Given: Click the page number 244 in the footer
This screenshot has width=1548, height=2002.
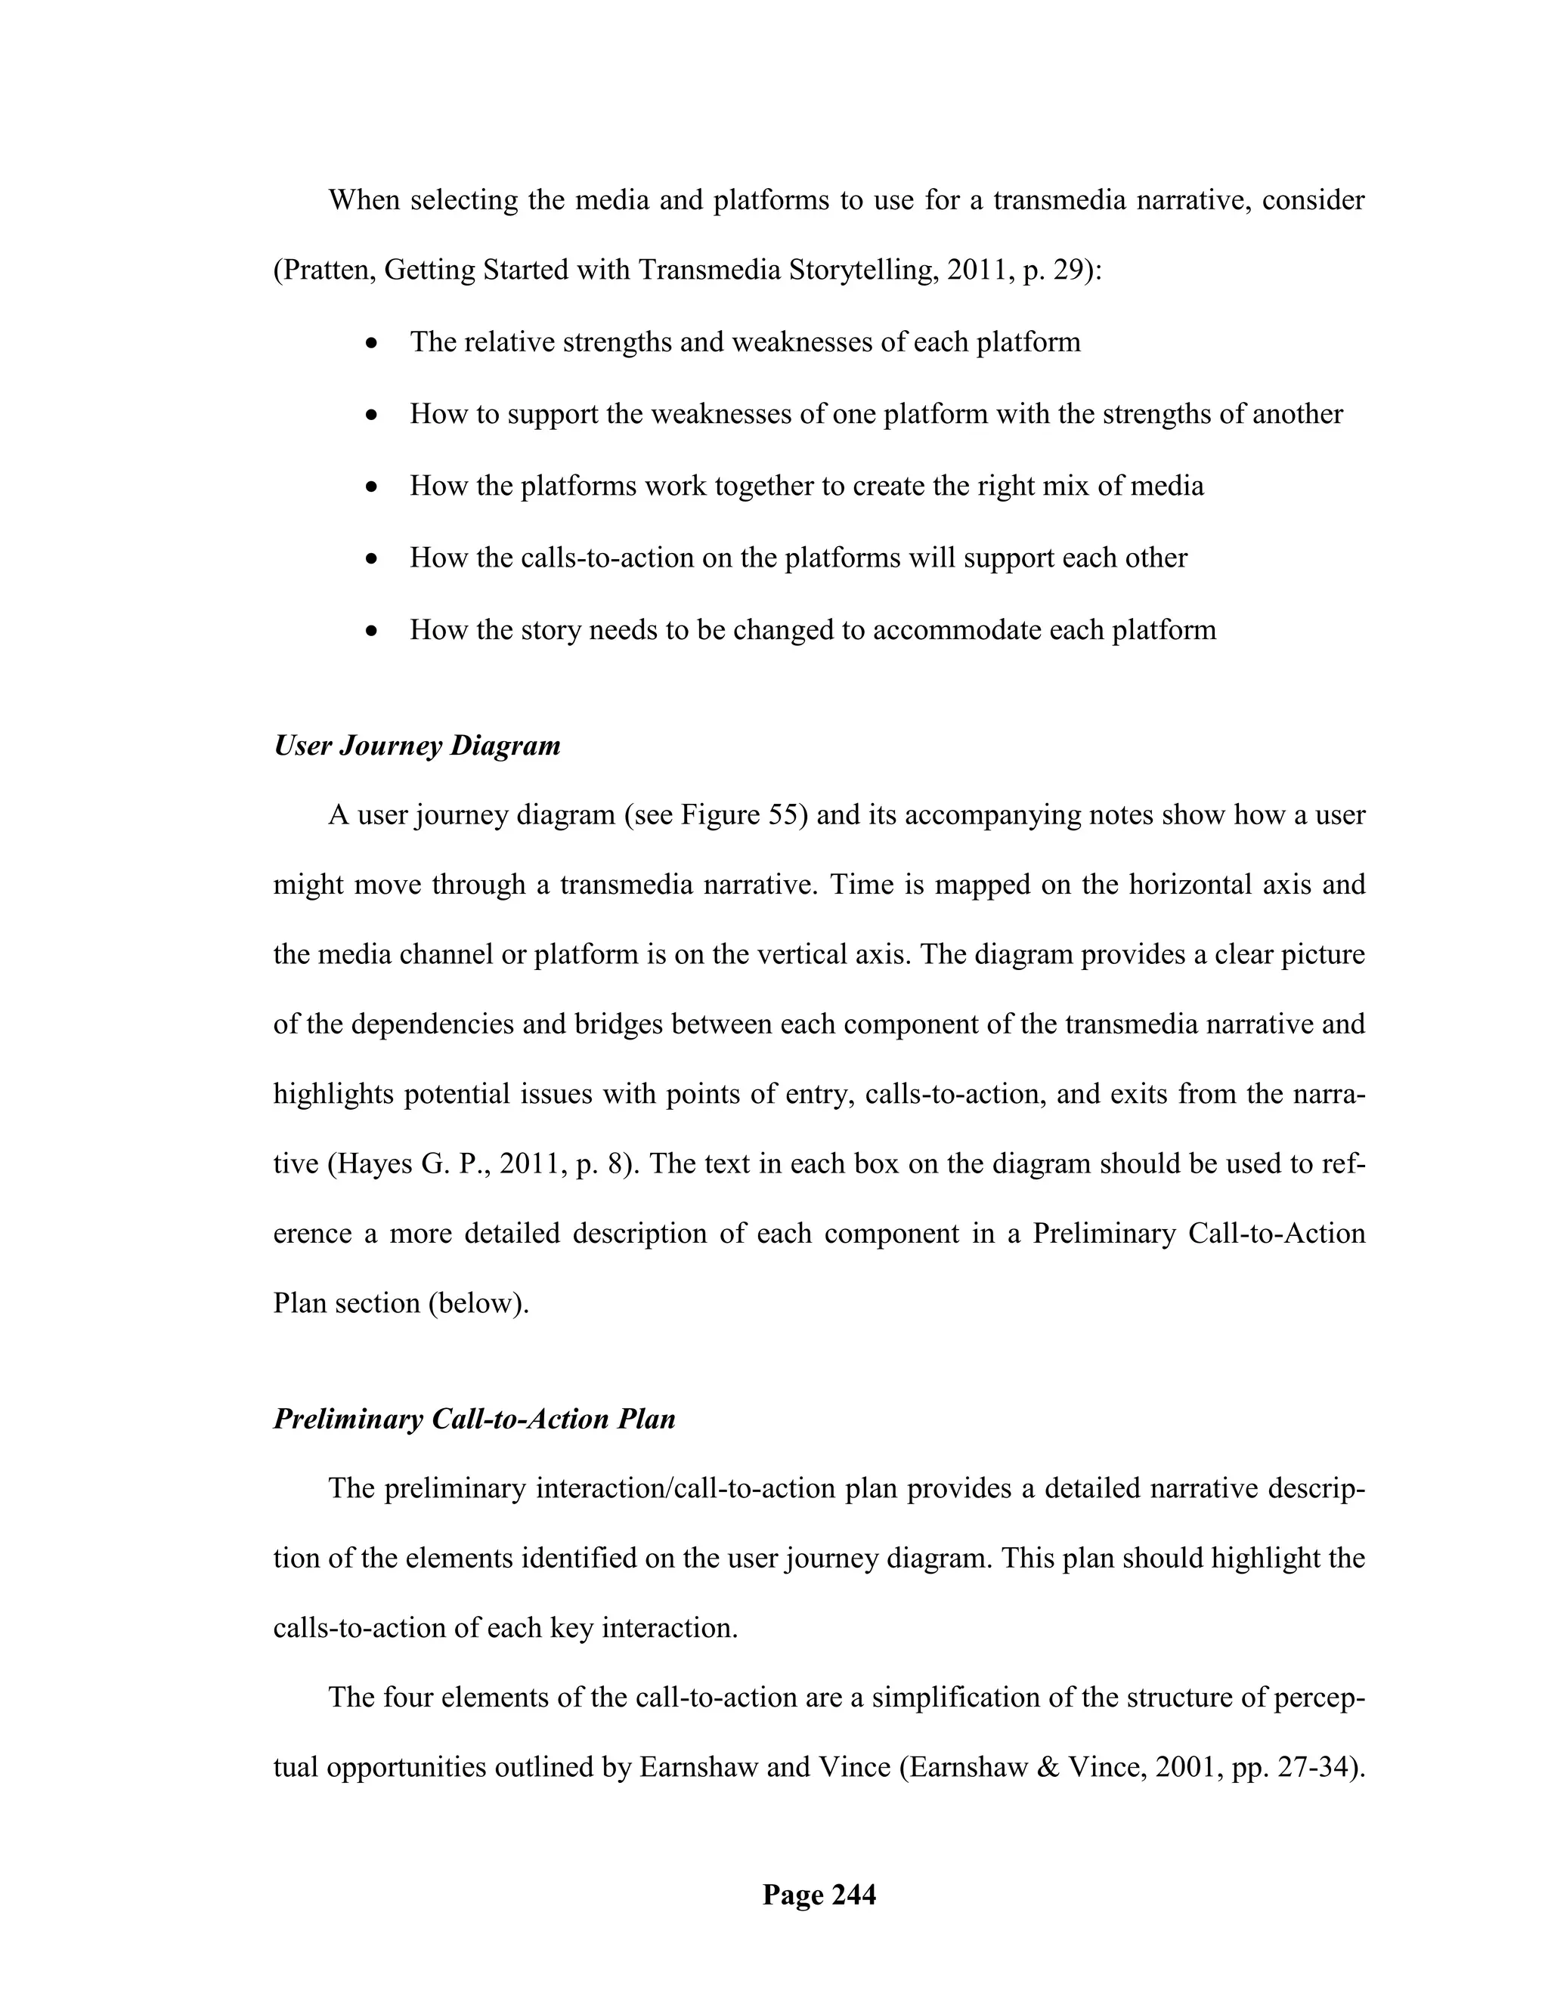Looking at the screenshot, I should (853, 1894).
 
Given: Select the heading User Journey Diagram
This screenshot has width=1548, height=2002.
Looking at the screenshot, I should (416, 745).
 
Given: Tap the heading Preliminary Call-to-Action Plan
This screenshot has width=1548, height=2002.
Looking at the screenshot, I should (474, 1418).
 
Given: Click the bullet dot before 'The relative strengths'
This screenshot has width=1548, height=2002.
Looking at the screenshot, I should (370, 344).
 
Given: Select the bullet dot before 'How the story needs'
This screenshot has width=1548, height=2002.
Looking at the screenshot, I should (370, 632).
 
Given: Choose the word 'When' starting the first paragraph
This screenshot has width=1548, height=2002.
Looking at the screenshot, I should (364, 200).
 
